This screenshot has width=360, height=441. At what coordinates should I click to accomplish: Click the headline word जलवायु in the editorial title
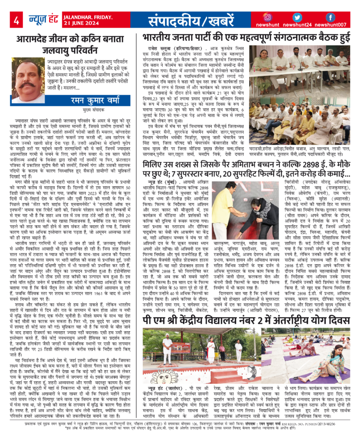[x=72, y=55]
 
